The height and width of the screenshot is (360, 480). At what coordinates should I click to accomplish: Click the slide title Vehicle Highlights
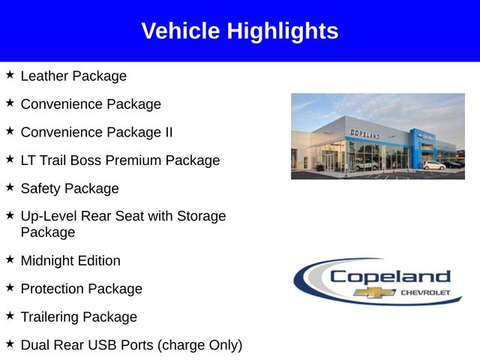tap(240, 31)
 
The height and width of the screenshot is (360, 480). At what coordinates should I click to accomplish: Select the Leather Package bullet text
tap(73, 76)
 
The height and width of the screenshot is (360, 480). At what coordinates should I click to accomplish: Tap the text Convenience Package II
tap(97, 132)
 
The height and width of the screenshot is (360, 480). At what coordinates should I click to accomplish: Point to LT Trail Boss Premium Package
tap(120, 160)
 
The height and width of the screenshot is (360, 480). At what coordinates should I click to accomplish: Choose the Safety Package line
tap(70, 188)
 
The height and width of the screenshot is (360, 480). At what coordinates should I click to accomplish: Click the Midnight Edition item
tap(70, 261)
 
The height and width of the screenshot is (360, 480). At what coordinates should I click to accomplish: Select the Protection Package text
tap(81, 289)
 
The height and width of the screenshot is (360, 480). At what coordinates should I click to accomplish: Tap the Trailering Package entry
tap(79, 317)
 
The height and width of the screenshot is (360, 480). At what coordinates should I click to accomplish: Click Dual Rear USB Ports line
tap(131, 345)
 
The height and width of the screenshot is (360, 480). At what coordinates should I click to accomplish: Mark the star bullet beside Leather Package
tap(10, 75)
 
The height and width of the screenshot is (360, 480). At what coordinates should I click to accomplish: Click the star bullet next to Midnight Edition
tap(10, 259)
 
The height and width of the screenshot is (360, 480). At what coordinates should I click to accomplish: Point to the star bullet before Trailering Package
tap(10, 316)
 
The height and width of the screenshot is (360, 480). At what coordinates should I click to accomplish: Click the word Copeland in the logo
tap(390, 277)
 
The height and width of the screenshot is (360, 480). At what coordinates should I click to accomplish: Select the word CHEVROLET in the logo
tap(425, 292)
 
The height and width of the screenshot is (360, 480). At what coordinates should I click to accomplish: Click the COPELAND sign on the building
tap(364, 133)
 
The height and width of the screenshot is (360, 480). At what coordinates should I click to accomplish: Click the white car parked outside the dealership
tap(433, 165)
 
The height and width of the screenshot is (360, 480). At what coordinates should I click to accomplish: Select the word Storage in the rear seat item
tap(200, 216)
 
